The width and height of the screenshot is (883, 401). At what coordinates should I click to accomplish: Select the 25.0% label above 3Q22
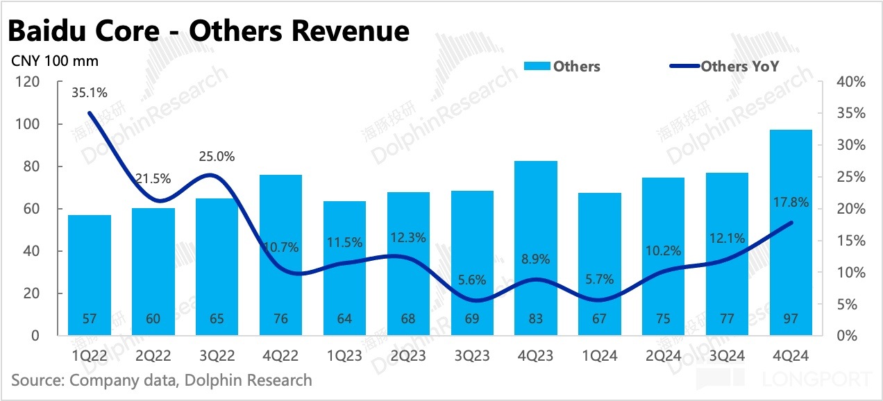(217, 157)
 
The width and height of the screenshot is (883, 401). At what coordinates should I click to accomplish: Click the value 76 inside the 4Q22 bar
(280, 318)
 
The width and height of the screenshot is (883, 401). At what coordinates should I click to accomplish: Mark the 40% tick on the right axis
(851, 82)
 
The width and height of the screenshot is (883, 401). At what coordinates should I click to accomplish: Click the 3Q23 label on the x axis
(472, 356)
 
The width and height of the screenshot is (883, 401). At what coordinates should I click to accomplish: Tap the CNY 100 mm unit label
(55, 60)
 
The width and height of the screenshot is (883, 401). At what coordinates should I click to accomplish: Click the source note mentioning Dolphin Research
(162, 380)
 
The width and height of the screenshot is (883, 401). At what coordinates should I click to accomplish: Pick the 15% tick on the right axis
(851, 241)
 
